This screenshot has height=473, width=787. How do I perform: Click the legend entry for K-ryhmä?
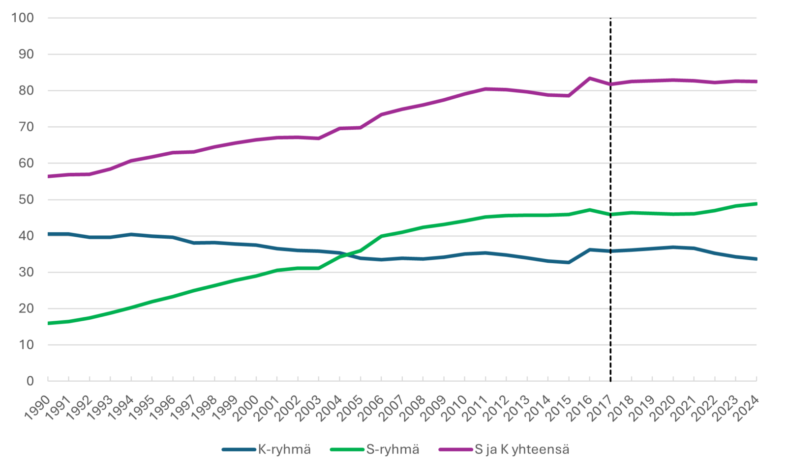pyautogui.click(x=284, y=449)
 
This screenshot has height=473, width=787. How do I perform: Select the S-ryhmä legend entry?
pyautogui.click(x=392, y=449)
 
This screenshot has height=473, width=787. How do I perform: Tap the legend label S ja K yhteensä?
pyautogui.click(x=521, y=449)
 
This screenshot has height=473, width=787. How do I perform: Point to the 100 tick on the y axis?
pyautogui.click(x=23, y=18)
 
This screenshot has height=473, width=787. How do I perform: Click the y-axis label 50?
pyautogui.click(x=27, y=199)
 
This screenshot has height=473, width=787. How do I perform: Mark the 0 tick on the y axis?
pyautogui.click(x=30, y=381)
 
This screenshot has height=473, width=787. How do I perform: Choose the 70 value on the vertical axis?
pyautogui.click(x=27, y=127)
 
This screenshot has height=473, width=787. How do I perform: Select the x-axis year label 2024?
pyautogui.click(x=747, y=408)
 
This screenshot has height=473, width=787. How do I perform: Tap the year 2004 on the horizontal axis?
pyautogui.click(x=330, y=408)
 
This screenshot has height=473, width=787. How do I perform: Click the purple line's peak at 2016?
pyautogui.click(x=590, y=78)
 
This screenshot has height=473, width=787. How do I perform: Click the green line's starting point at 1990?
pyautogui.click(x=48, y=323)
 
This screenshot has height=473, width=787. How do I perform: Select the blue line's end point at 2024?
pyautogui.click(x=756, y=259)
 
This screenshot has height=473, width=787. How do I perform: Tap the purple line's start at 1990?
pyautogui.click(x=48, y=176)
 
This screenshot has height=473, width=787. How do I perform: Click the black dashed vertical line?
pyautogui.click(x=610, y=147)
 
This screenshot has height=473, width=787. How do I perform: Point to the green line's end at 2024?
pyautogui.click(x=756, y=203)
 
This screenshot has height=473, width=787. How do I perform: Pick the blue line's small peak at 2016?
pyautogui.click(x=590, y=250)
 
